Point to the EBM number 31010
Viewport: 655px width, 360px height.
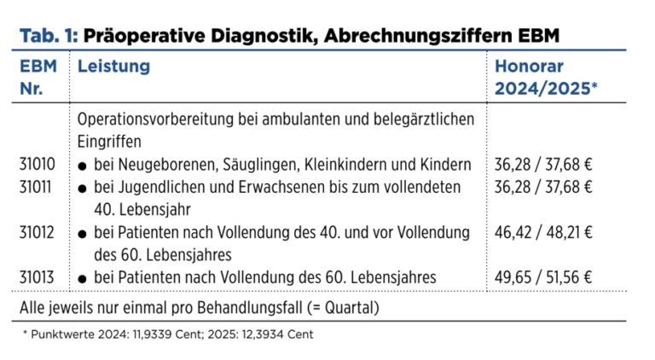point(37,164)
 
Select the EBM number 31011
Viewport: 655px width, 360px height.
point(37,186)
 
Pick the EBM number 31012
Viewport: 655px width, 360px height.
point(37,231)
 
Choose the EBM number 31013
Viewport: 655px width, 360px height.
point(37,276)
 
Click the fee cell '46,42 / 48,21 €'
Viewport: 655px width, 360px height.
point(543,231)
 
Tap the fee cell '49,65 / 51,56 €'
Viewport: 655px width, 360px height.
point(543,276)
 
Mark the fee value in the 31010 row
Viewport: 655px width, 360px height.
point(543,164)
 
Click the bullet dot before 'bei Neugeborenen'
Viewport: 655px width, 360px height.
point(83,165)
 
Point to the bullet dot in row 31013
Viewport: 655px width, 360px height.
point(83,277)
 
